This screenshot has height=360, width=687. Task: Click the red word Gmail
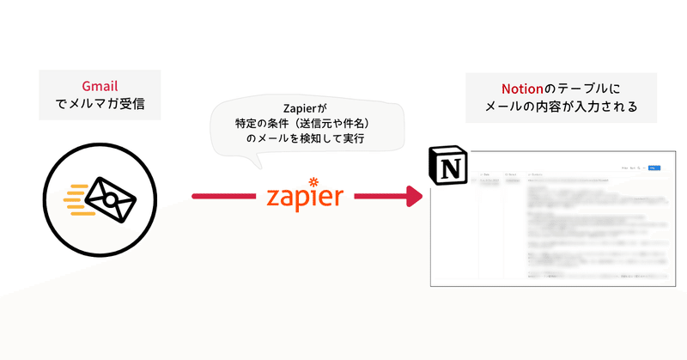(100, 88)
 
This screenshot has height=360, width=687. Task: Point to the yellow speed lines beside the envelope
(76, 198)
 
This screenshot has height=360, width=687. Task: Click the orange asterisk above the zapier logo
(313, 180)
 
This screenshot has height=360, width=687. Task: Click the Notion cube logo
(450, 167)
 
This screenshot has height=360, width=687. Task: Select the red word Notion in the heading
(520, 88)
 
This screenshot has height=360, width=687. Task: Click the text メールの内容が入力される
(561, 108)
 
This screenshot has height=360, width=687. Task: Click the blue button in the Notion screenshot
(654, 168)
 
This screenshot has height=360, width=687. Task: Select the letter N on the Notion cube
(450, 168)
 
